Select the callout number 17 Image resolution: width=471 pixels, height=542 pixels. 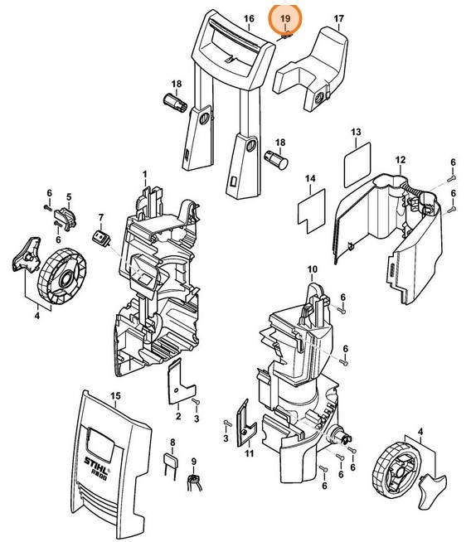(338, 18)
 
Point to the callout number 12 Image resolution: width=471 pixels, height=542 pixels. (399, 160)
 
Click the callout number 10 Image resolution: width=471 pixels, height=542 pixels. (312, 270)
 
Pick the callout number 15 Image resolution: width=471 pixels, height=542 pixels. (115, 396)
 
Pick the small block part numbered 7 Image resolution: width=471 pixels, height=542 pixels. (101, 239)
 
